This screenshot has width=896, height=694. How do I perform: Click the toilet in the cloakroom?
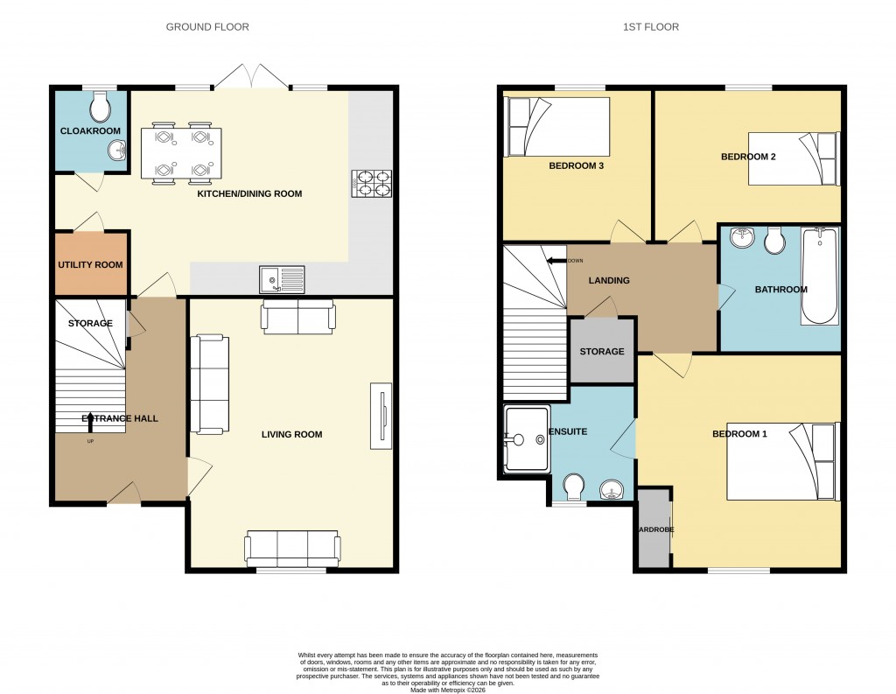click(101, 107)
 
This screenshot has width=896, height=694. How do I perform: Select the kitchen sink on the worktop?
click(281, 278)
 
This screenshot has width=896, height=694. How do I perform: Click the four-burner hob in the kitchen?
click(370, 183)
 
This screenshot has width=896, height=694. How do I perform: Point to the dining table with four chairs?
click(180, 153)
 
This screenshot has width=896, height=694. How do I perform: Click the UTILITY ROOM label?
click(90, 264)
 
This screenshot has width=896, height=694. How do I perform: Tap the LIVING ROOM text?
click(292, 434)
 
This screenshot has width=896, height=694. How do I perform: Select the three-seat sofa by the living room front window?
click(292, 549)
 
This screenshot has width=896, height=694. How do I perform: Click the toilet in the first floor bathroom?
click(774, 241)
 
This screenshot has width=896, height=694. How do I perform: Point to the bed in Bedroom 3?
click(557, 127)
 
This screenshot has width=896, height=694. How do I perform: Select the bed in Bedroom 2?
click(793, 158)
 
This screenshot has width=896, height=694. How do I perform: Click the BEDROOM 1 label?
click(739, 434)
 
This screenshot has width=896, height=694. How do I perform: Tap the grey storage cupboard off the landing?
click(602, 351)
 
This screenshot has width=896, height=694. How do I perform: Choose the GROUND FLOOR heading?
click(207, 27)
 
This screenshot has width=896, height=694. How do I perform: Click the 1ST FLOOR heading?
click(650, 27)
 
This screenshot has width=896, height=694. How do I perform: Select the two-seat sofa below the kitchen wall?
click(297, 317)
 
